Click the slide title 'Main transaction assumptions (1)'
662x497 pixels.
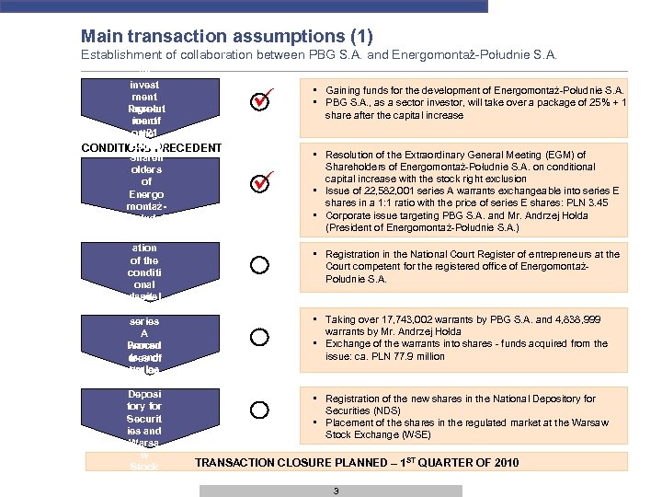pos(226,36)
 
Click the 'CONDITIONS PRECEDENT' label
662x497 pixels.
pos(151,147)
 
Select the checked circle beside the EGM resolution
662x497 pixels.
pos(260,184)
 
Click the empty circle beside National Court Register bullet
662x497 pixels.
pos(260,265)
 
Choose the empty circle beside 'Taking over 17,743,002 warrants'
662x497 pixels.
pos(260,338)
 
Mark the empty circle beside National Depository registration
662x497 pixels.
pos(260,410)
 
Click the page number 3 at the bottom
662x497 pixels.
pos(337,491)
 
